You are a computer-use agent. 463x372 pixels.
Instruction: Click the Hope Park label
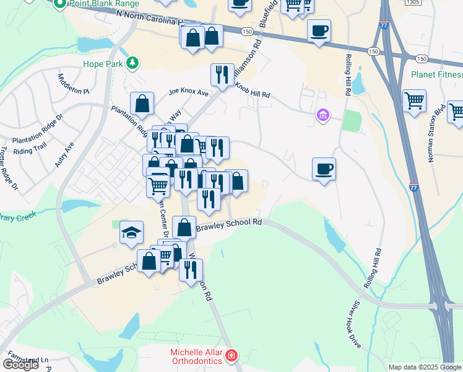[x=102, y=63]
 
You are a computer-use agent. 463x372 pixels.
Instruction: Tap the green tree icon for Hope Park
[x=132, y=63]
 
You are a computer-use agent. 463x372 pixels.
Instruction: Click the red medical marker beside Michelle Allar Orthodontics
[x=231, y=356]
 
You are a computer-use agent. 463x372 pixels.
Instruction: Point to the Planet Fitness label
[x=436, y=74]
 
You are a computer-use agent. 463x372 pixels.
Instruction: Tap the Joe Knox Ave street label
[x=189, y=93]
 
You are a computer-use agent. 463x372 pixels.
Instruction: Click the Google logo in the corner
[x=20, y=365]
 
